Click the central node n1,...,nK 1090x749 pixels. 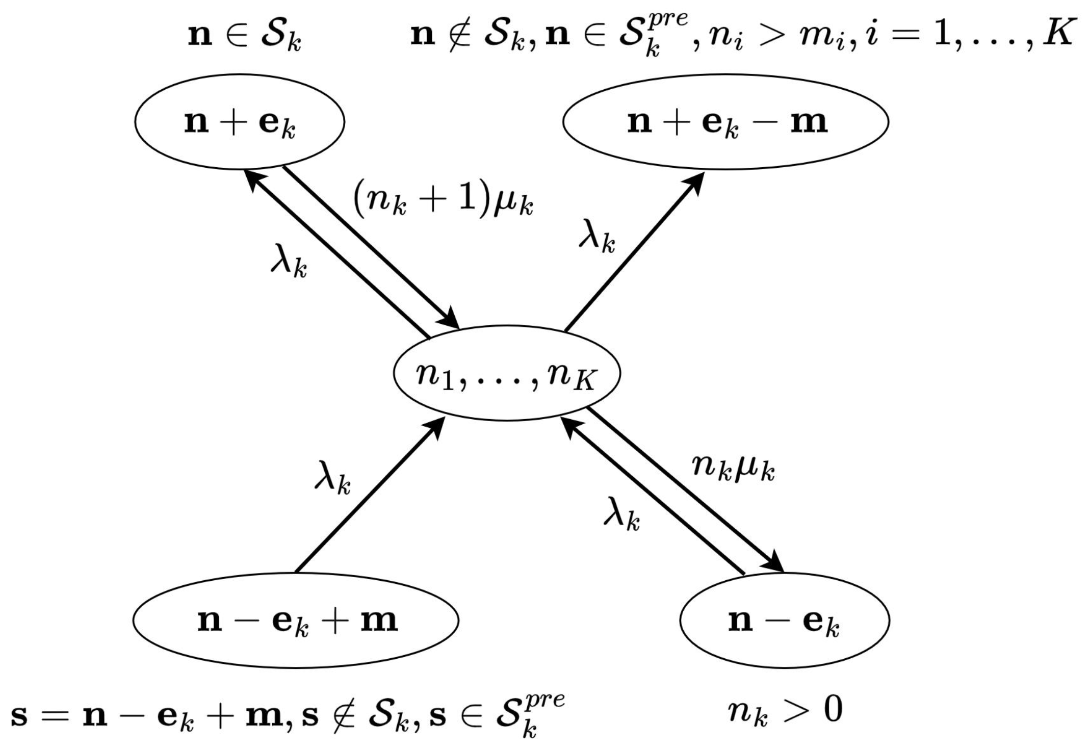click(506, 373)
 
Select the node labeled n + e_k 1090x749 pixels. click(240, 122)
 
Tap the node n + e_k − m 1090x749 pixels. click(725, 122)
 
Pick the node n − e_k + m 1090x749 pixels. click(296, 621)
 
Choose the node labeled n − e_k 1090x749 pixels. click(784, 621)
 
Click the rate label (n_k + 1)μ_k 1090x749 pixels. click(443, 201)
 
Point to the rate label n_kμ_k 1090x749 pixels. click(733, 468)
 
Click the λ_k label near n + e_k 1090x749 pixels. click(289, 264)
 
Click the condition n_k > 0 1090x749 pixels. click(784, 710)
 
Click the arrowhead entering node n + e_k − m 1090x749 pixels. click(696, 181)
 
